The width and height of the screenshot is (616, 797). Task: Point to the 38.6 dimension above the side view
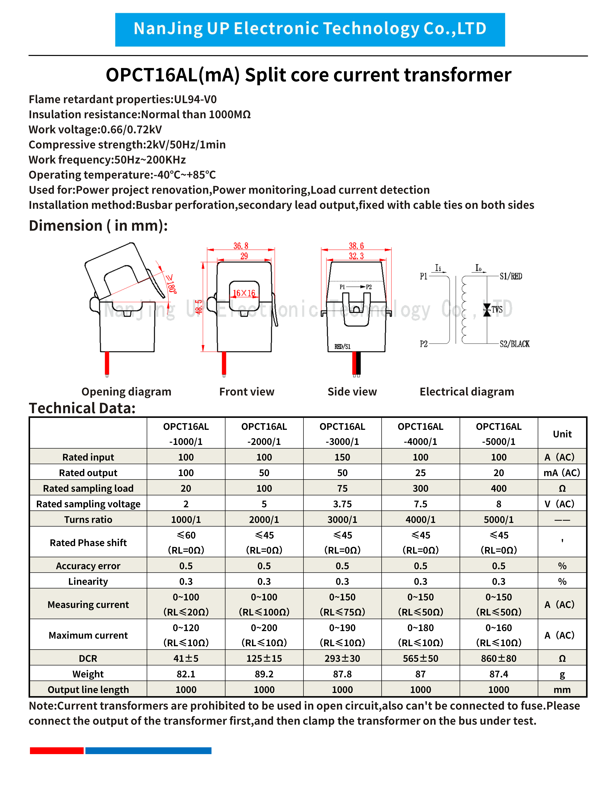tap(356, 246)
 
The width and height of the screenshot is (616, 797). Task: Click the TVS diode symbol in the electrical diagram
tap(487, 310)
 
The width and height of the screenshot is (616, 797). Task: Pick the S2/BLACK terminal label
tap(515, 344)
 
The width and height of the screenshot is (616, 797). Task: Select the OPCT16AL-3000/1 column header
tap(342, 434)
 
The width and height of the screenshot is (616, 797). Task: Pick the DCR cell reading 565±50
tap(420, 658)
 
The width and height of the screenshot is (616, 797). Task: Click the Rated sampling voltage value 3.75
tap(342, 504)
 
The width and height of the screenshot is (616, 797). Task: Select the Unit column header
tap(562, 434)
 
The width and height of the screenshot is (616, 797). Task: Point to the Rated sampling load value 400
tap(498, 488)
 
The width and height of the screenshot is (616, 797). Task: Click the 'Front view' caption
tap(247, 392)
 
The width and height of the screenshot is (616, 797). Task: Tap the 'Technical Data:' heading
tap(82, 408)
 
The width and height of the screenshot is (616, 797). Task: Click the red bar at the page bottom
tap(57, 751)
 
